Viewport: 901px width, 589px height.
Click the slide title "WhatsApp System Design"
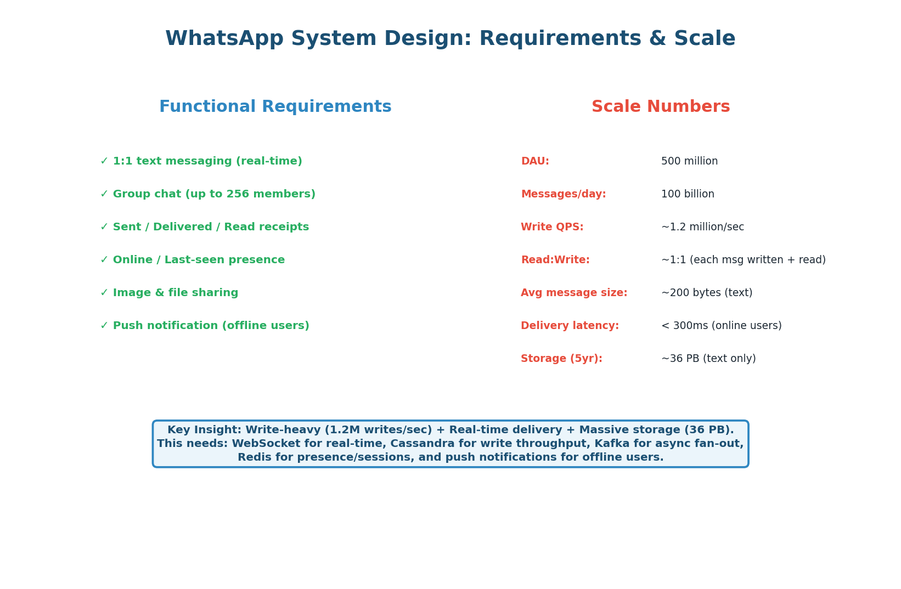pos(450,39)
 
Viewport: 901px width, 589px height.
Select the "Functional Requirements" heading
pos(275,107)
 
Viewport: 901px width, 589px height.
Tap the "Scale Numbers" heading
pos(660,107)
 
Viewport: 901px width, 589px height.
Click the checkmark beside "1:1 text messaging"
pos(104,161)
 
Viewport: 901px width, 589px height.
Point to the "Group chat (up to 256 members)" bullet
pos(214,194)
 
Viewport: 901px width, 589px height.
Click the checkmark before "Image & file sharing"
pos(104,293)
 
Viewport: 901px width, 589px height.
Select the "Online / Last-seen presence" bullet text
pos(199,260)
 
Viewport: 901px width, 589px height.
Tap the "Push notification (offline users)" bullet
pos(211,326)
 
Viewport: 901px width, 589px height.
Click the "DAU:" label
pos(534,161)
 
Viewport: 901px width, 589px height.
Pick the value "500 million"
pos(689,161)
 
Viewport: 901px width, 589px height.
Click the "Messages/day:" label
pos(563,194)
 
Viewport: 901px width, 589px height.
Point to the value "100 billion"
pos(688,194)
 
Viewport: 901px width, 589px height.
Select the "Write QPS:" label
pos(551,227)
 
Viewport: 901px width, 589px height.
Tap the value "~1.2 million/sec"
pos(702,227)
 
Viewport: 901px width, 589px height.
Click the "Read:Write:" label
pos(555,260)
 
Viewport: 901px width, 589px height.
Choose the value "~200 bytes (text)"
pos(706,293)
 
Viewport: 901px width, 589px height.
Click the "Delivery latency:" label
pos(570,326)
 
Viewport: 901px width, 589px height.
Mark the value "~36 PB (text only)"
pos(708,359)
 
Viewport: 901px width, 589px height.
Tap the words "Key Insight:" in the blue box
pos(204,430)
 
